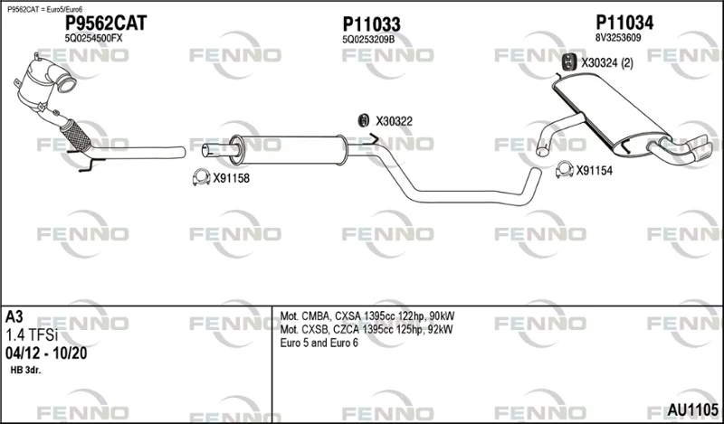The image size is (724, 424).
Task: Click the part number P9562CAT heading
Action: pyautogui.click(x=106, y=24)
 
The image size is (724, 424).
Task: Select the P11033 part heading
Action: pyautogui.click(x=371, y=24)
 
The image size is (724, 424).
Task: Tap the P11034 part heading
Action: pyautogui.click(x=624, y=22)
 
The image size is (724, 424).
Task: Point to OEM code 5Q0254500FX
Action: pyautogui.click(x=94, y=39)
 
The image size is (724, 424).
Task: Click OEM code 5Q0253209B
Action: pyautogui.click(x=368, y=40)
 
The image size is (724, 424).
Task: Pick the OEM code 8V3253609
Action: pyautogui.click(x=618, y=38)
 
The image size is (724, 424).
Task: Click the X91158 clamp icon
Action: pyautogui.click(x=201, y=177)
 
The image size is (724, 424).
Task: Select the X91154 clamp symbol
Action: pyautogui.click(x=564, y=170)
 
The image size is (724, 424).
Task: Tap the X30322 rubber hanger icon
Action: pyautogui.click(x=364, y=120)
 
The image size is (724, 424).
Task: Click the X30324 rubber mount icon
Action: pyautogui.click(x=568, y=62)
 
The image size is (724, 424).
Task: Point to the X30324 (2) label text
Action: pyautogui.click(x=607, y=63)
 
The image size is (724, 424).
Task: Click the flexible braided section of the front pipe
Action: pyautogui.click(x=76, y=135)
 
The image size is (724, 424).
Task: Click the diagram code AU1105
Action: pyautogui.click(x=692, y=410)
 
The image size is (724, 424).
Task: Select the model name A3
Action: pyautogui.click(x=14, y=317)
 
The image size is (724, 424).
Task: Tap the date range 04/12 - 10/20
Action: pyautogui.click(x=46, y=353)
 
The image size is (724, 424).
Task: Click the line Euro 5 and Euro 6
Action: pyautogui.click(x=319, y=344)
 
